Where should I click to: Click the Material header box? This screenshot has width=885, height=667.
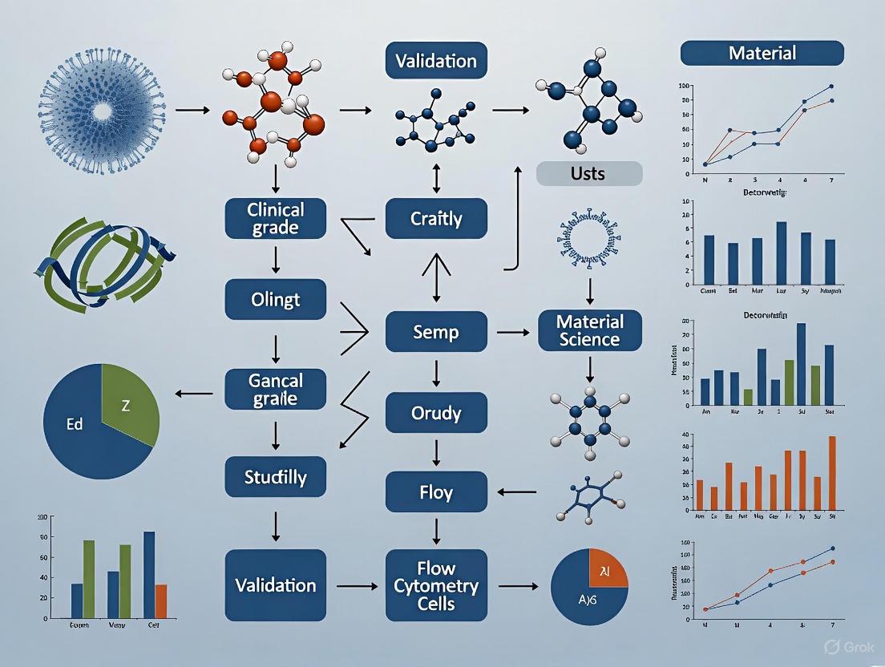(762, 53)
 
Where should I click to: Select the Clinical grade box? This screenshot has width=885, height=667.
(276, 218)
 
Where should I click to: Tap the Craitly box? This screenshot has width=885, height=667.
(436, 218)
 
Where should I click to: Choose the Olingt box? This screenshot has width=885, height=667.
(276, 300)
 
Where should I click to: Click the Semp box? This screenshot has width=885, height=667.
(436, 331)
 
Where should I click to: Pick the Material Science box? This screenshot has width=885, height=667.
(590, 330)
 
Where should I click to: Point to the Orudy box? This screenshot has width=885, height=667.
(436, 413)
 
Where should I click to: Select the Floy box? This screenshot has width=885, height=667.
(436, 491)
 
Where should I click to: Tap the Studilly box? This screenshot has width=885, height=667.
(276, 478)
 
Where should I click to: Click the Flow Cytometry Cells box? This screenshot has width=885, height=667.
(436, 585)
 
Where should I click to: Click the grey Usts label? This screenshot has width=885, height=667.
(589, 173)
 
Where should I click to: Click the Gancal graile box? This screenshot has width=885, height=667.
(276, 389)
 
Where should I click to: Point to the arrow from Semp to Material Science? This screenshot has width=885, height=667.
(513, 331)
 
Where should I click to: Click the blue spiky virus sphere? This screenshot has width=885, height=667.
(99, 109)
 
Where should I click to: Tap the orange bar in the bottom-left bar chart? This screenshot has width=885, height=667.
(161, 600)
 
